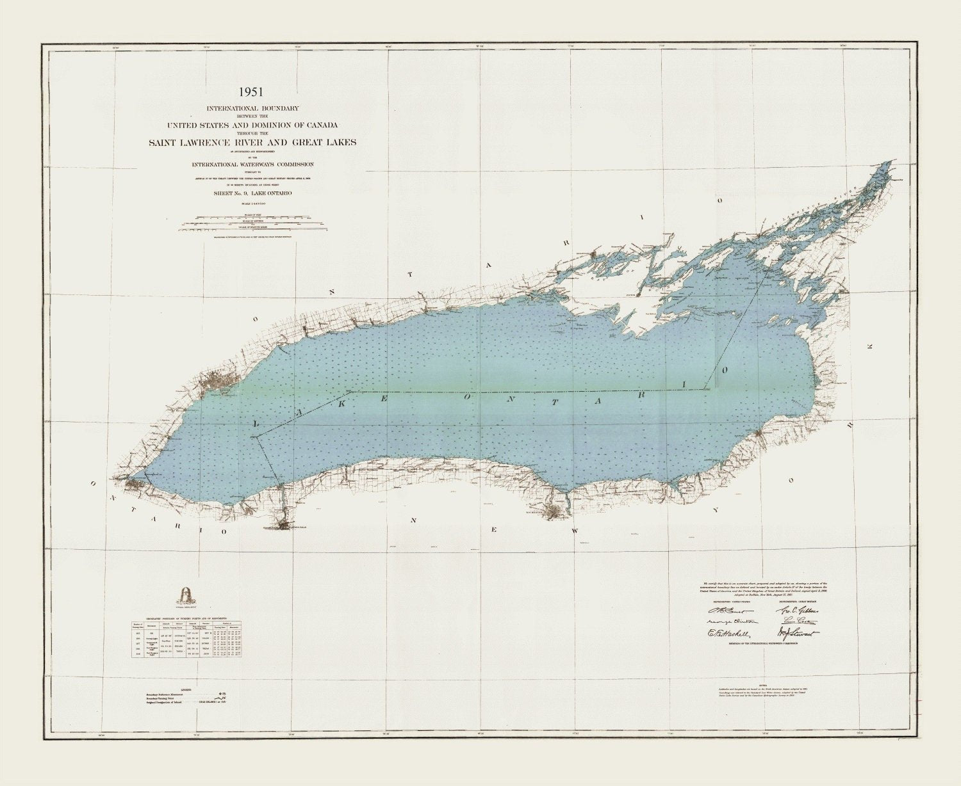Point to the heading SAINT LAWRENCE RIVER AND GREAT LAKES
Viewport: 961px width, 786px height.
tap(252, 142)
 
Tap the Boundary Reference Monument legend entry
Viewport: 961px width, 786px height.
tap(186, 693)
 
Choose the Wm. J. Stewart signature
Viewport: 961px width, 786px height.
tap(798, 634)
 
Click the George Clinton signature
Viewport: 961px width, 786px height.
tap(732, 622)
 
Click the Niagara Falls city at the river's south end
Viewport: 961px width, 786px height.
tap(285, 525)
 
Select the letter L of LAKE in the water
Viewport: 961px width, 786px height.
tap(258, 424)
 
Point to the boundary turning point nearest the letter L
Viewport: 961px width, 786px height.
tap(256, 437)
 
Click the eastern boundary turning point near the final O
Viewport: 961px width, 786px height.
tap(705, 389)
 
